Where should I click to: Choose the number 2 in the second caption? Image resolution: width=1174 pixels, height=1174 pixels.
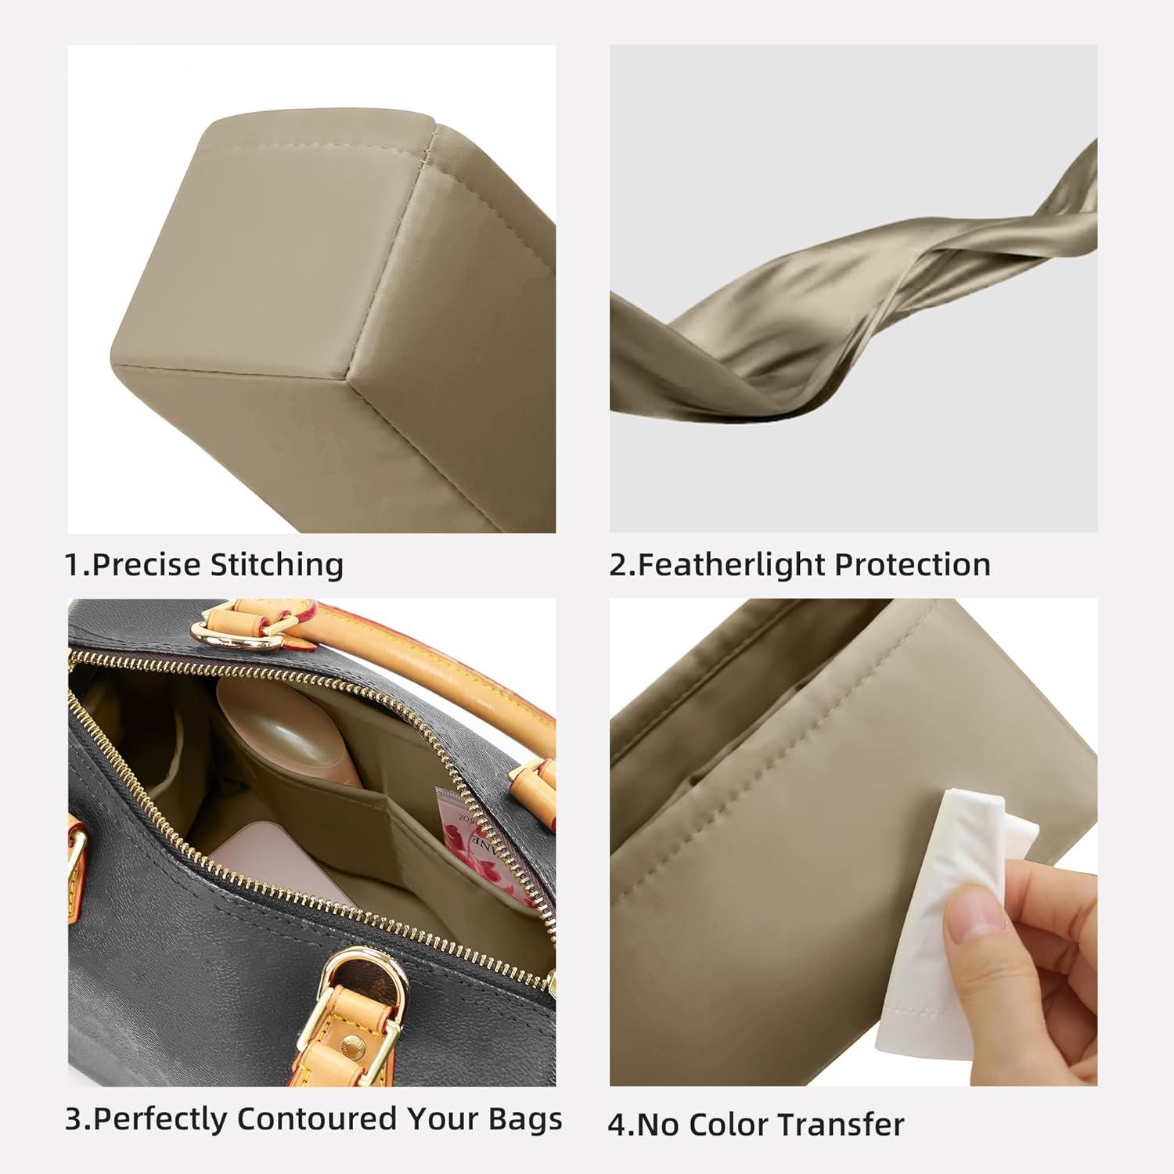point(618,565)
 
